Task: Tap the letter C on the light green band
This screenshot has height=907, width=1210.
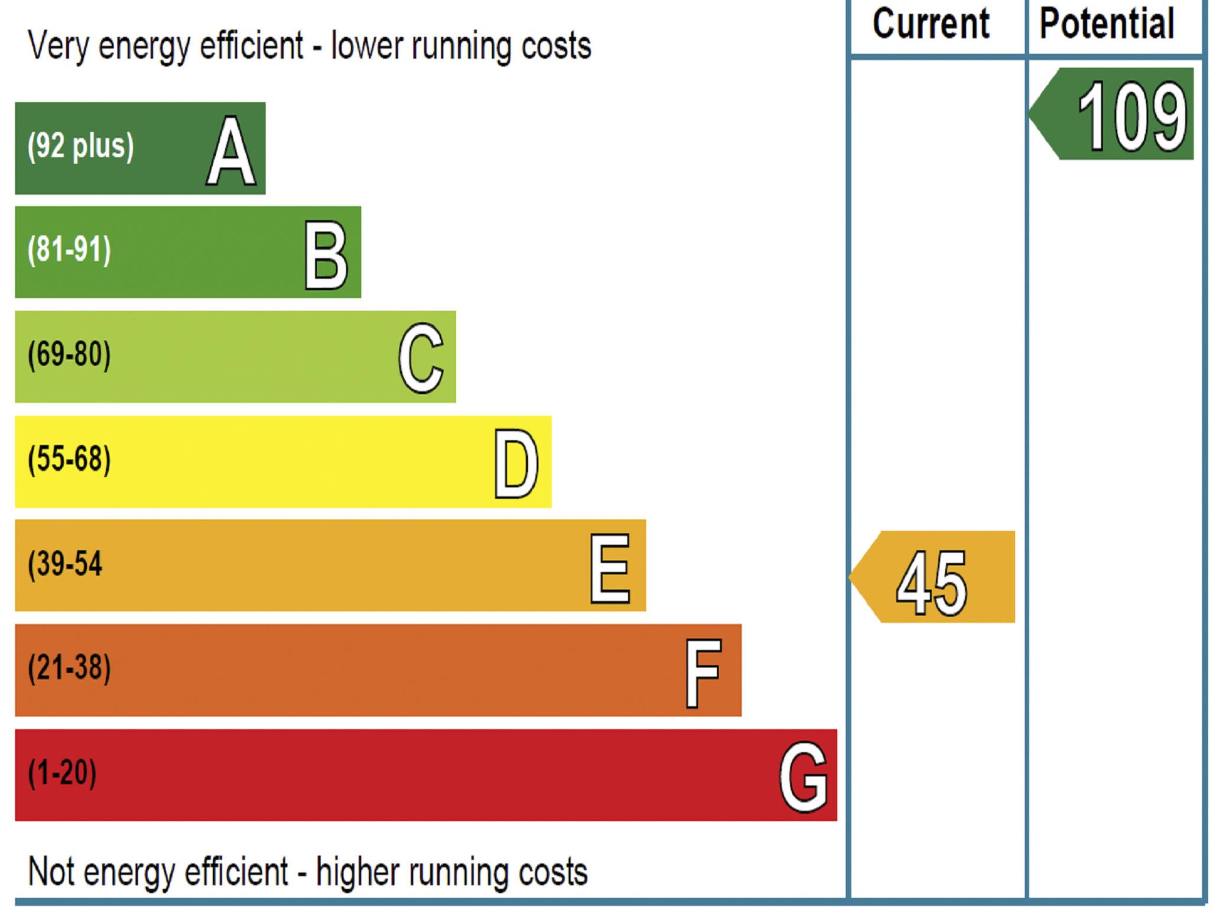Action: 421,358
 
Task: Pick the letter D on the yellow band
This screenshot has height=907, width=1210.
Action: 516,464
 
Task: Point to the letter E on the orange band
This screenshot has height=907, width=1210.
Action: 610,568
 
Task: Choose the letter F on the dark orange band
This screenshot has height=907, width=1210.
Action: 703,673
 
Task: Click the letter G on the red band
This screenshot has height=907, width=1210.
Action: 803,777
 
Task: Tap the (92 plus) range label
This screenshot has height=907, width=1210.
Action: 80,146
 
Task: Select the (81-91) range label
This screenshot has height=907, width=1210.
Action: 69,250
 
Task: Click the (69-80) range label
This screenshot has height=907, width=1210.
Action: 69,354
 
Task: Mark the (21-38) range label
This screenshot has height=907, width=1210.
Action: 69,668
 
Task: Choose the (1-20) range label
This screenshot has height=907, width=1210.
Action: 62,772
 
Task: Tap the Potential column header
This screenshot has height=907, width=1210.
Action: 1107,25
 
